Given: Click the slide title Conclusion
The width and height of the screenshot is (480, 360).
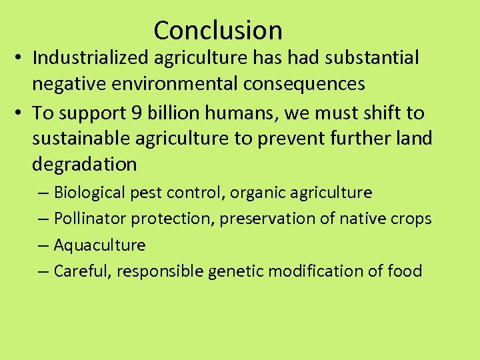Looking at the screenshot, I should point(218,31).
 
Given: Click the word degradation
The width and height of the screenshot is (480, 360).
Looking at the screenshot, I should point(84,165).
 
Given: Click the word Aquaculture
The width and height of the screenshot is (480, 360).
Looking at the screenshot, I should point(99,245).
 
